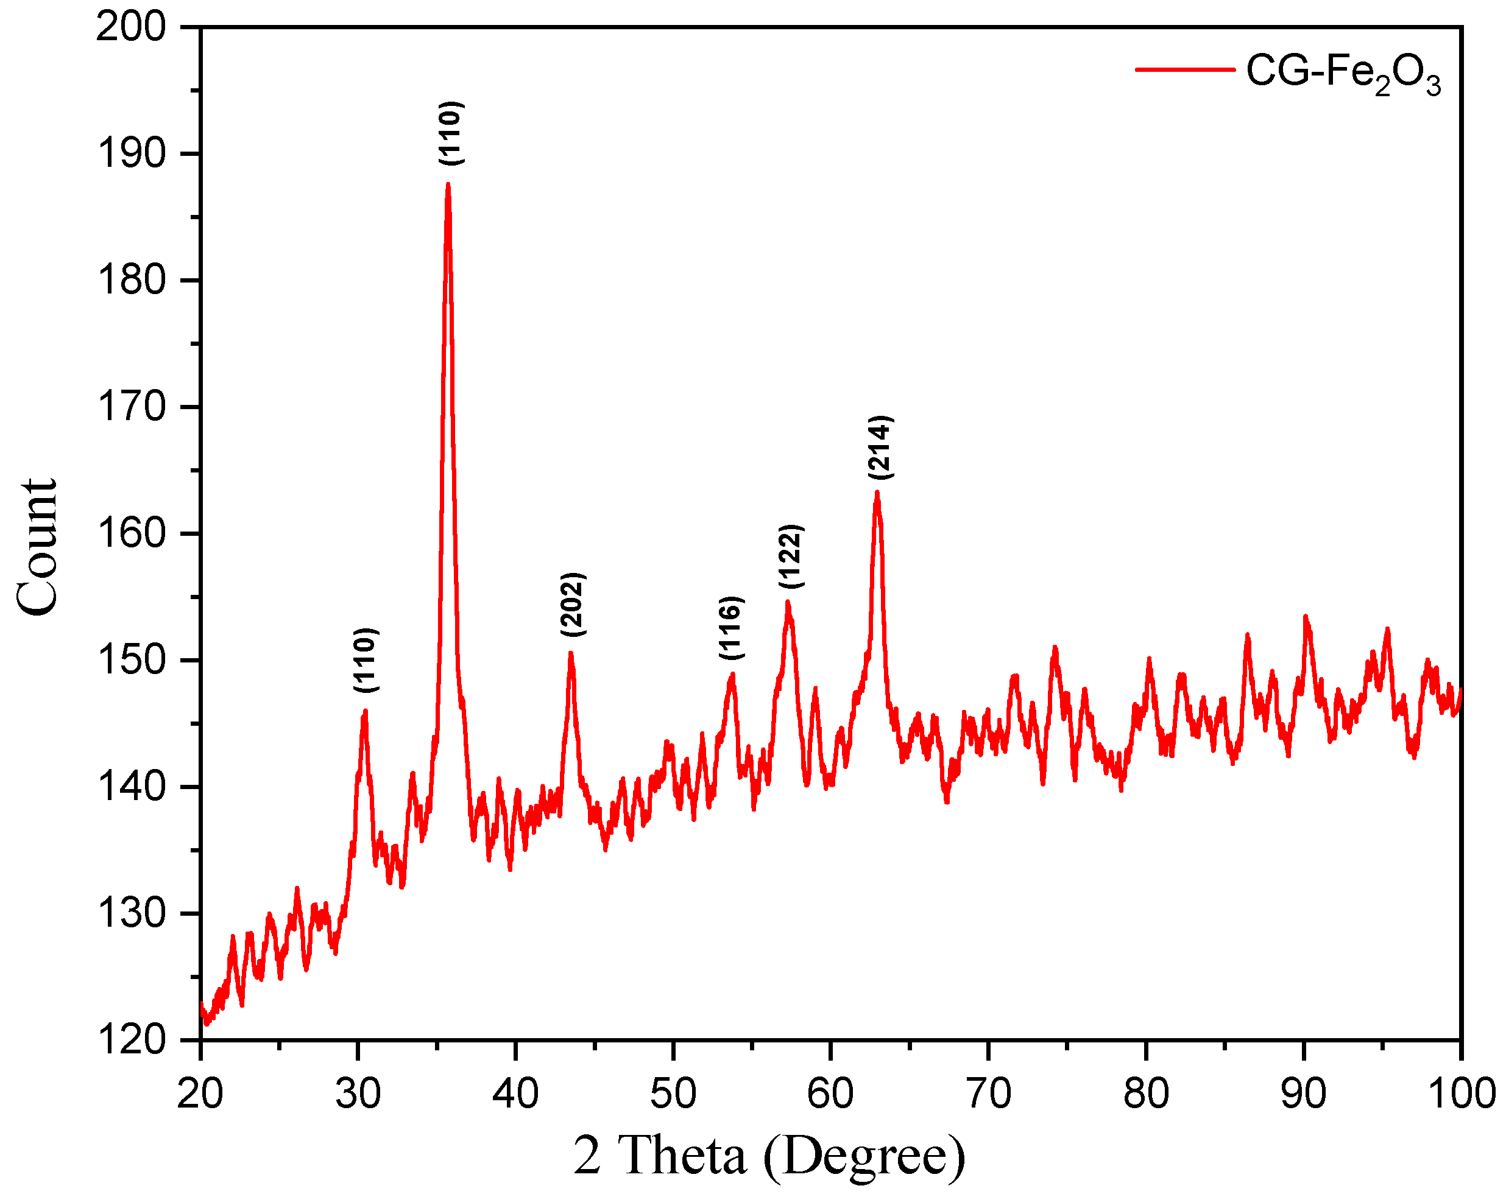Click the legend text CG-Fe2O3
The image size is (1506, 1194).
click(1343, 72)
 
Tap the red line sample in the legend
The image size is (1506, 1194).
click(1185, 69)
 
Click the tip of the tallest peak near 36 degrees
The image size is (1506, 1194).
click(448, 184)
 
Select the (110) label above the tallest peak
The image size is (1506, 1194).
click(451, 133)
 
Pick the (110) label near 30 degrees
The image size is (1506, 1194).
click(366, 661)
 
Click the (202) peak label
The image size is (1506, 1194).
click(573, 605)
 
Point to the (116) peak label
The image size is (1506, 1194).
click(731, 628)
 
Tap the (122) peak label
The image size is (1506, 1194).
click(791, 557)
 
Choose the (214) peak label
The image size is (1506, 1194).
click(880, 448)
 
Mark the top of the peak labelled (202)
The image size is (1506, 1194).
click(571, 653)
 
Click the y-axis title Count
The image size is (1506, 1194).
click(37, 547)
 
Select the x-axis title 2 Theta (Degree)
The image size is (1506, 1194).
click(769, 1156)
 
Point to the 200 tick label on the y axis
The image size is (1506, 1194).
click(132, 28)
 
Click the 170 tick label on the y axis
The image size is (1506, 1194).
click(132, 407)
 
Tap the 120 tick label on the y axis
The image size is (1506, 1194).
click(132, 1041)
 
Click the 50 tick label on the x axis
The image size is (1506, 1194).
click(673, 1094)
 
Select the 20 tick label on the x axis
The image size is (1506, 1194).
click(200, 1094)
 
